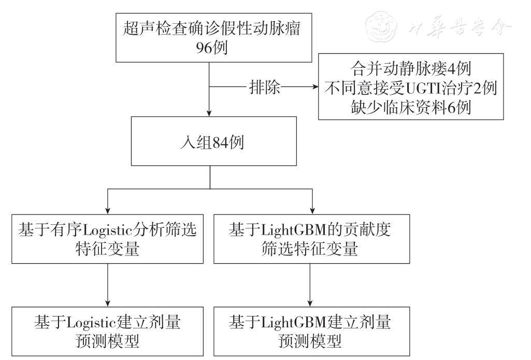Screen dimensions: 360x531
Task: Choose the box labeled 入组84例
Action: point(209,141)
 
